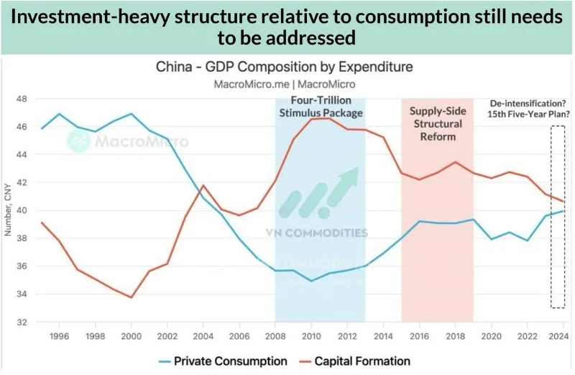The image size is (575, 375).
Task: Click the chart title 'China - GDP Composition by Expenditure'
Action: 285,67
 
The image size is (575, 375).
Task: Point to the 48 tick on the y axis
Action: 22,99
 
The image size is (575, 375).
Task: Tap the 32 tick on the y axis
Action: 22,322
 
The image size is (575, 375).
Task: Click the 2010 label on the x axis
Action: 310,336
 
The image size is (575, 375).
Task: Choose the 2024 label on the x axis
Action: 563,336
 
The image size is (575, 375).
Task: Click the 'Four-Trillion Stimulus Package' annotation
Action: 320,107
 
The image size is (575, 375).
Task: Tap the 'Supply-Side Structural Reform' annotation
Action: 436,123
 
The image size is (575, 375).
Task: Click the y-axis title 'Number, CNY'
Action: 8,210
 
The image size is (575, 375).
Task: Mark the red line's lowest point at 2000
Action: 131,297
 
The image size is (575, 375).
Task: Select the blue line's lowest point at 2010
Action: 310,281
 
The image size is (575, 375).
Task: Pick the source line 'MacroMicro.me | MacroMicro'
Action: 285,83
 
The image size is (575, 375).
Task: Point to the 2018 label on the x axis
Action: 455,336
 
